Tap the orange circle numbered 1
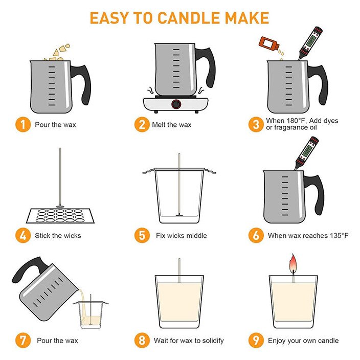point(23,124)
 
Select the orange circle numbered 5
point(142,235)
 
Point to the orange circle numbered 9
point(256,340)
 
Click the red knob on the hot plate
point(176,104)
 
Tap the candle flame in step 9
point(292,263)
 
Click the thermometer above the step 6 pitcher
point(306,153)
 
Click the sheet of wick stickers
point(60,216)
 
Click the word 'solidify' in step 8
point(213,341)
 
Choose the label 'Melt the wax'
point(171,125)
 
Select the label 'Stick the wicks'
point(58,236)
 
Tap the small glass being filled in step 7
point(91,314)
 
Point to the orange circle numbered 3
point(256,124)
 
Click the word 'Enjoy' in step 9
point(277,341)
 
